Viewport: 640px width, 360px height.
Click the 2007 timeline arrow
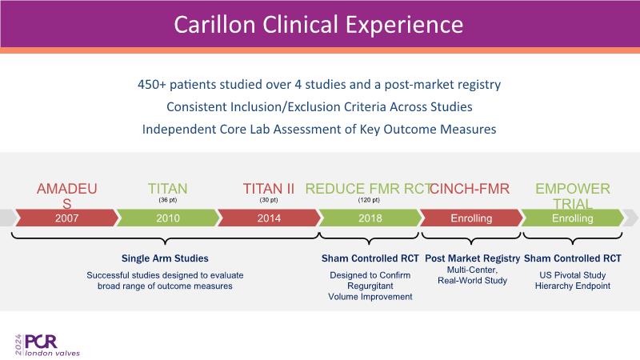pos(67,218)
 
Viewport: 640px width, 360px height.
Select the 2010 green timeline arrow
pos(168,218)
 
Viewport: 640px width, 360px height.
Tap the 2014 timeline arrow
pos(269,218)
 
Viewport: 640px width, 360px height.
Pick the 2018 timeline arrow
pos(370,218)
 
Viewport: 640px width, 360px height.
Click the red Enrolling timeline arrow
pos(471,218)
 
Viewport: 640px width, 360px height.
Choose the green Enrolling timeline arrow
pos(572,218)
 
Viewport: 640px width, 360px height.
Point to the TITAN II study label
pos(269,189)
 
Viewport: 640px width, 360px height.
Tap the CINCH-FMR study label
pos(471,189)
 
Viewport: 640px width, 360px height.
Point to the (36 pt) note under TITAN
pos(168,200)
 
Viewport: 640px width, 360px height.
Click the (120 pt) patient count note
pos(370,200)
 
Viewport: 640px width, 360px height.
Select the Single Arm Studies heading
pos(165,258)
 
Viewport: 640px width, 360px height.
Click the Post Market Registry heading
pos(471,258)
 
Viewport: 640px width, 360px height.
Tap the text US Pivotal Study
pos(572,275)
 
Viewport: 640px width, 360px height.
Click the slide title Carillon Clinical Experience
pos(318,23)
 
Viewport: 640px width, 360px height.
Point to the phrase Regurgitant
pos(370,286)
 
